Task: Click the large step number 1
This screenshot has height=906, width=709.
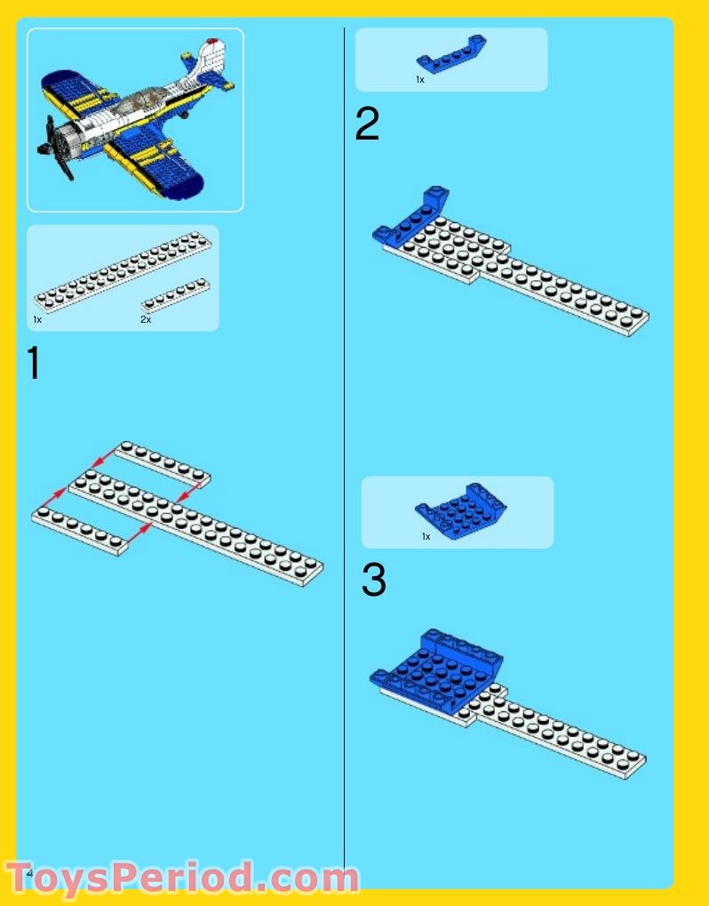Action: tap(34, 365)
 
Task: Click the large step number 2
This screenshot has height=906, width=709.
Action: tap(367, 125)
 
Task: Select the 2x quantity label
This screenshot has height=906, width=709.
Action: tap(146, 319)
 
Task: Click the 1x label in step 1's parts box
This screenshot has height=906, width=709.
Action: tap(37, 319)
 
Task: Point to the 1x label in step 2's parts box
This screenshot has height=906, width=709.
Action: tap(420, 80)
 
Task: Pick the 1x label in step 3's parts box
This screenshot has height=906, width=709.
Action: tap(426, 537)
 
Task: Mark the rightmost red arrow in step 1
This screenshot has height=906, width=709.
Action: tap(188, 487)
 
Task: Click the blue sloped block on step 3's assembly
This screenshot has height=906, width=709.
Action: tap(440, 671)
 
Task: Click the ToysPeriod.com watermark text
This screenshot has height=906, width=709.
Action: tap(182, 878)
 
